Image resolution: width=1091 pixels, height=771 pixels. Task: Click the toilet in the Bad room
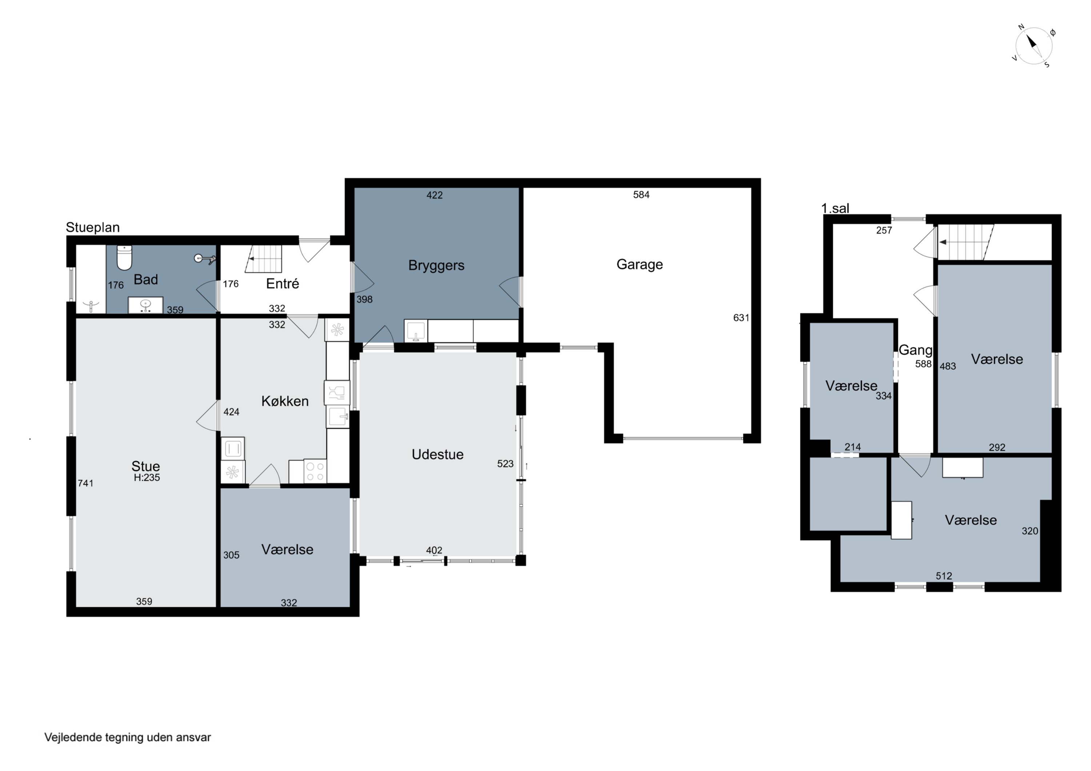[124, 257]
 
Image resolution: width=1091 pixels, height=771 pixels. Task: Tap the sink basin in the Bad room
[145, 305]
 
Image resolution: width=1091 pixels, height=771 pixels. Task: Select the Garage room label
[640, 264]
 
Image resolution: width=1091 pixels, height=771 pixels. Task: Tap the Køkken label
[285, 401]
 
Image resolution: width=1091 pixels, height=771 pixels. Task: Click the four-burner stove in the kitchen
[315, 471]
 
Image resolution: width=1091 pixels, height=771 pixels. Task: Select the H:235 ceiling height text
[147, 477]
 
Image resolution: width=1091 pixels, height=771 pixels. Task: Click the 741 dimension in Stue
[85, 483]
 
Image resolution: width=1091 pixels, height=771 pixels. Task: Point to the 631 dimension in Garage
[741, 318]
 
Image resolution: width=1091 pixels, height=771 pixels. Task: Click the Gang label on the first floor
[915, 350]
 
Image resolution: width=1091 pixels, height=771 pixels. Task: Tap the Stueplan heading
[93, 227]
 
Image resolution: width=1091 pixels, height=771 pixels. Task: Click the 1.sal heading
[835, 208]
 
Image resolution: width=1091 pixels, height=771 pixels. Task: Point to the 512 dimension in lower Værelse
[944, 576]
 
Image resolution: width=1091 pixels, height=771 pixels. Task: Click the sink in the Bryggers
[416, 331]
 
